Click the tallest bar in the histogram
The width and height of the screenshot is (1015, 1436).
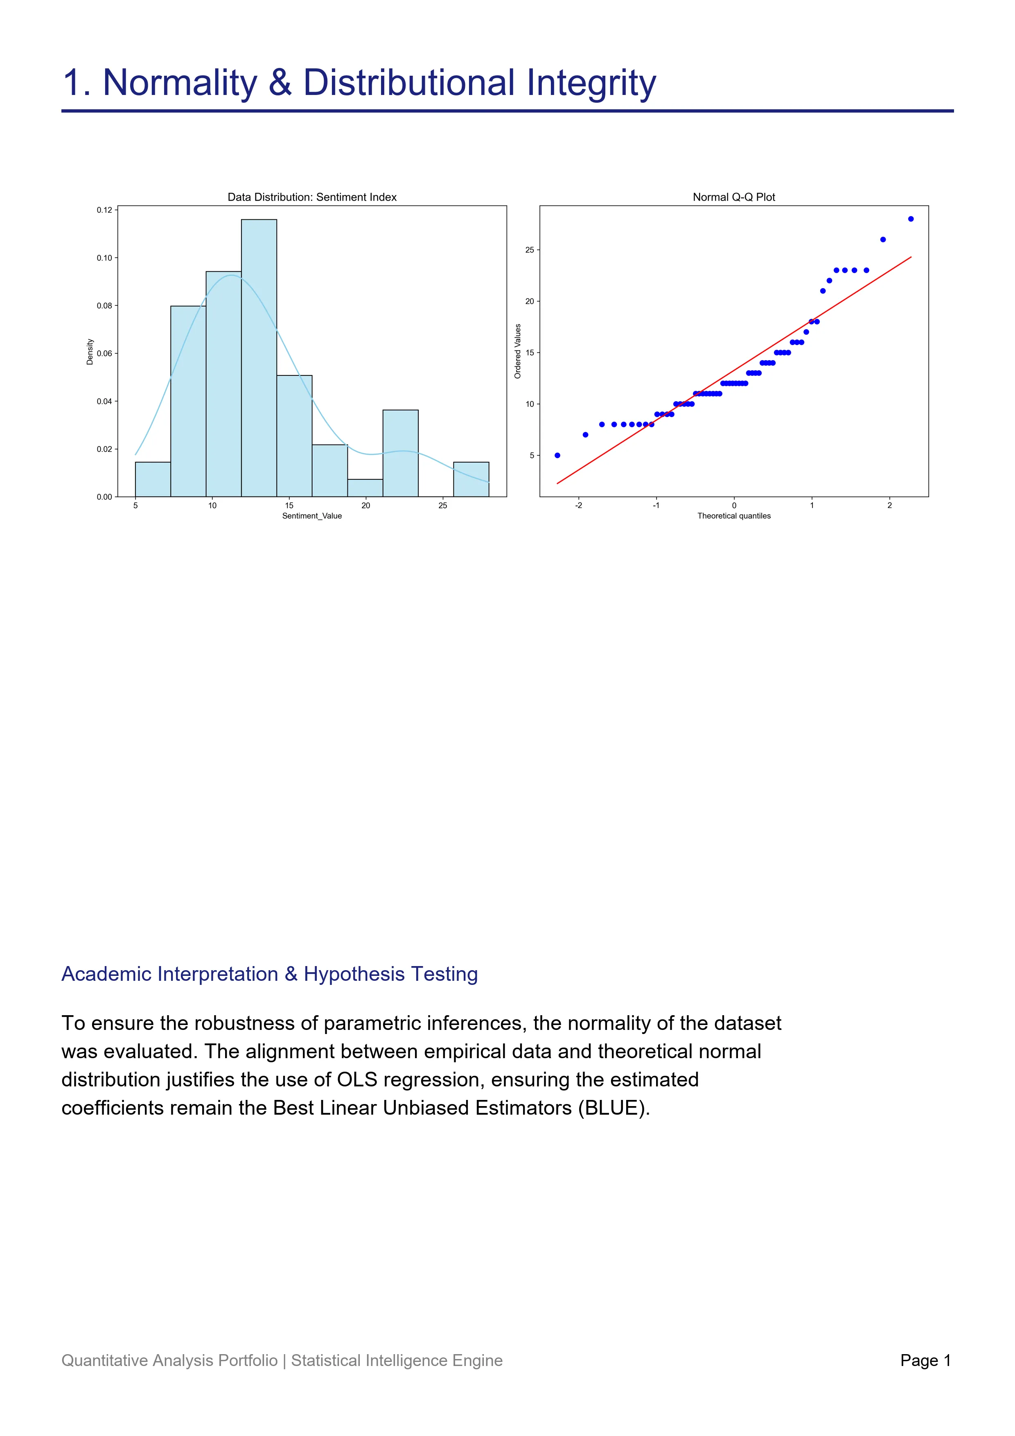tap(259, 358)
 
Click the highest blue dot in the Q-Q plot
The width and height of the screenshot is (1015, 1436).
tap(911, 219)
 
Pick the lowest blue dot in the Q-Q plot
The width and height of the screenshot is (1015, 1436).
tap(557, 455)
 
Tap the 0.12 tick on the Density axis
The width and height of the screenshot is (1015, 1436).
tap(104, 210)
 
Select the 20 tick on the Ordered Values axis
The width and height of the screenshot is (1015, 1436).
tap(530, 301)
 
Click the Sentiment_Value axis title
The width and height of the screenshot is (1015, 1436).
tap(312, 516)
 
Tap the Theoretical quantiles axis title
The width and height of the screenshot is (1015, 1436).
tap(734, 516)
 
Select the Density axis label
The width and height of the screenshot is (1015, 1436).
tap(90, 352)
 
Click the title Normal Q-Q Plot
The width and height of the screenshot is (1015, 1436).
tap(734, 197)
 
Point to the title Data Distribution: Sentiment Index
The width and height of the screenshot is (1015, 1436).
tap(312, 197)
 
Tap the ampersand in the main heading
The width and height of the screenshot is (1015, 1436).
tap(280, 83)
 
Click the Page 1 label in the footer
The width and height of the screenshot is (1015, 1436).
tap(925, 1360)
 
